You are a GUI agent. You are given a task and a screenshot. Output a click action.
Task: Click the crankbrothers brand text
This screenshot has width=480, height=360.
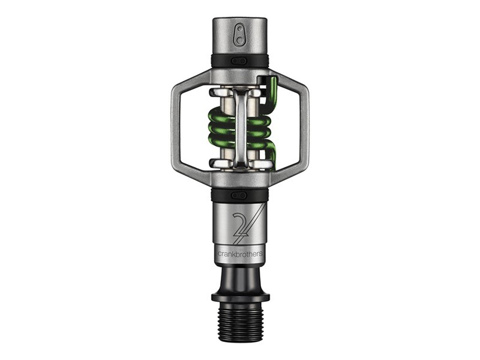[240, 253]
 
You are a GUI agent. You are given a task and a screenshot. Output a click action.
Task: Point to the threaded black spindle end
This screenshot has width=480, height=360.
[240, 320]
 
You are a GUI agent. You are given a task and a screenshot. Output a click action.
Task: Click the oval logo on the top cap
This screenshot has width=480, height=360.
[240, 34]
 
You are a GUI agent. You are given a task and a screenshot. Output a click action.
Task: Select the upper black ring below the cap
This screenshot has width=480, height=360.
[240, 61]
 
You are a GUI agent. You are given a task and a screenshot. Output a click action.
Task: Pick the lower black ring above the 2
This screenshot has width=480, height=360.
[240, 195]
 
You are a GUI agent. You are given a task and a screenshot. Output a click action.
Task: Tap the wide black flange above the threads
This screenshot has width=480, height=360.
[240, 297]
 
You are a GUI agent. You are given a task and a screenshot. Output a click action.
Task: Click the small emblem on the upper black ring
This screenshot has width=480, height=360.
[240, 61]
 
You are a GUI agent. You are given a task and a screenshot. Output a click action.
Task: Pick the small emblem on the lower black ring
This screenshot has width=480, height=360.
[240, 195]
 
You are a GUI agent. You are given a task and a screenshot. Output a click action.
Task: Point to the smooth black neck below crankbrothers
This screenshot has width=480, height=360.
[240, 276]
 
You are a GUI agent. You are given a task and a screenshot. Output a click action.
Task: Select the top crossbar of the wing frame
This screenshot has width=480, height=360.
[240, 77]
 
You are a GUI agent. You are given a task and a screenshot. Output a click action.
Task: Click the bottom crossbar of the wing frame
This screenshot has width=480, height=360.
[240, 178]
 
